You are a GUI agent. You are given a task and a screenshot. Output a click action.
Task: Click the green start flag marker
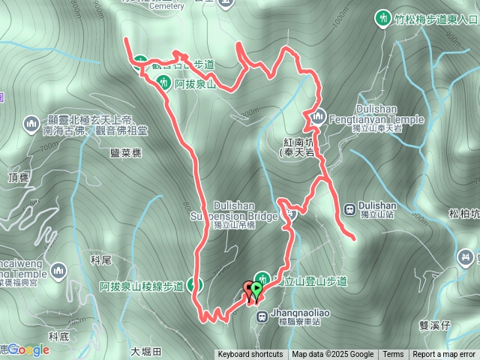(256, 289)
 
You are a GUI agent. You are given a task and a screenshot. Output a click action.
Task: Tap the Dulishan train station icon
(349, 208)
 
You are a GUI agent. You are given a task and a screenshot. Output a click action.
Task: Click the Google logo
(28, 349)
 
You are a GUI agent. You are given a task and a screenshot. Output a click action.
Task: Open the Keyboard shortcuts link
(250, 355)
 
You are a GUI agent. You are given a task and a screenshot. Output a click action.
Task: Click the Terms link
(393, 355)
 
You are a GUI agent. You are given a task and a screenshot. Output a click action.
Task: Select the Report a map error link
(444, 355)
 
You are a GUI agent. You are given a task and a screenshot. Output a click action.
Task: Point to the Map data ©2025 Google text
(333, 355)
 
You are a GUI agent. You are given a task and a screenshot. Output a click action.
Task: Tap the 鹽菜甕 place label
(126, 152)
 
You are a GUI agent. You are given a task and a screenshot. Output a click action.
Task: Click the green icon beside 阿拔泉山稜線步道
(195, 284)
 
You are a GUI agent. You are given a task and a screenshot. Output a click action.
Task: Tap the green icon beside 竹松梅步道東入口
(383, 19)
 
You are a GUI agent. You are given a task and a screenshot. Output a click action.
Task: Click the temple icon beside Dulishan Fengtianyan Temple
(319, 115)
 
